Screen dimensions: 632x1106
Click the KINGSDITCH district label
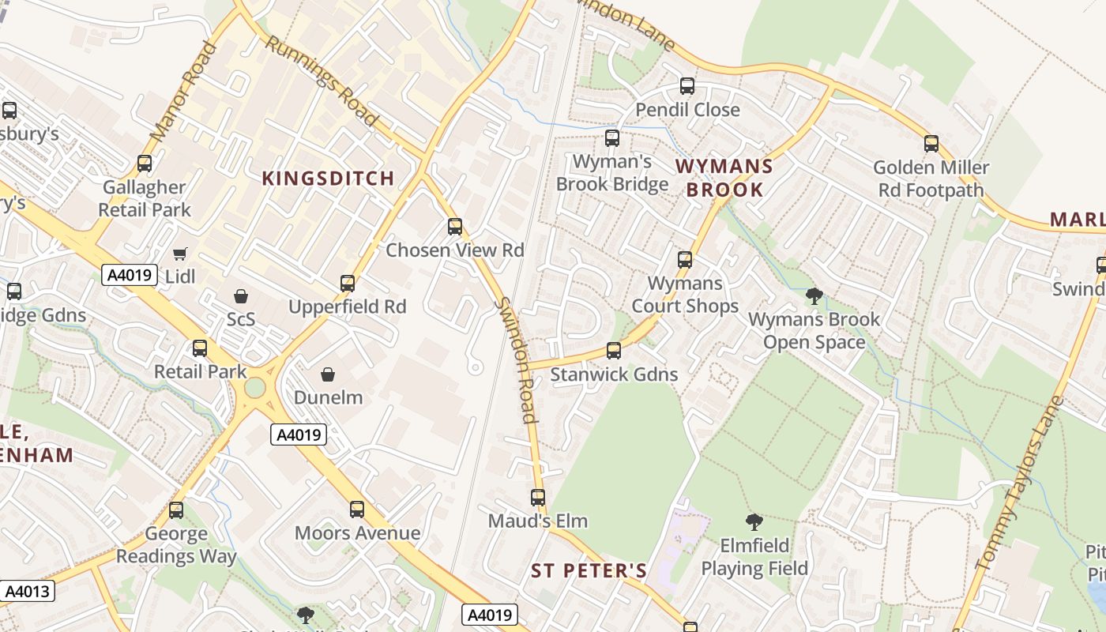click(x=328, y=179)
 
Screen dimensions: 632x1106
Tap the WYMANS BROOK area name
click(x=724, y=178)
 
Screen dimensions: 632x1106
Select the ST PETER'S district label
click(x=589, y=570)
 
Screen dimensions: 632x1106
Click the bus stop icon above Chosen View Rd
click(x=455, y=227)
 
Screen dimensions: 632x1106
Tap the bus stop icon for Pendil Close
click(x=687, y=86)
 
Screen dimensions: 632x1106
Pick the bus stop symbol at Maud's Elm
click(x=538, y=498)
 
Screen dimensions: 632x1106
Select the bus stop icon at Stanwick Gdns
click(x=614, y=351)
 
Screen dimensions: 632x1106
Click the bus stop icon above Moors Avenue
click(x=357, y=510)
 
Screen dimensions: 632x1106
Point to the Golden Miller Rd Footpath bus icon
click(x=931, y=144)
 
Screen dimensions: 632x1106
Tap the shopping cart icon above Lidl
click(x=180, y=254)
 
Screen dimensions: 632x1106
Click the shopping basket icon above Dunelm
click(x=328, y=374)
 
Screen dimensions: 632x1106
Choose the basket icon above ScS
click(x=241, y=296)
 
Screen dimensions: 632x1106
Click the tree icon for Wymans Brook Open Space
click(x=814, y=296)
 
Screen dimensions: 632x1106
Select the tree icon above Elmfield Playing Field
click(x=754, y=521)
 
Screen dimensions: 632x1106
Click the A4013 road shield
click(x=28, y=591)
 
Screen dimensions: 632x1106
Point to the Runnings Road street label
click(x=321, y=81)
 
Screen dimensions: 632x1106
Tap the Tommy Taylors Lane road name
click(x=1020, y=483)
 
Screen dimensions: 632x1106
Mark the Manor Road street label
click(x=182, y=92)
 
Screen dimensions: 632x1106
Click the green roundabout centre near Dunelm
click(x=254, y=388)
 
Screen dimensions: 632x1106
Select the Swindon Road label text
click(x=517, y=359)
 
